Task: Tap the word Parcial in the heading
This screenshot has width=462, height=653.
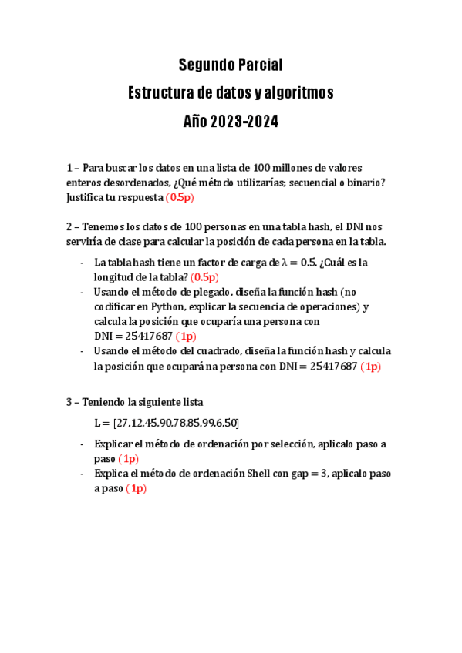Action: click(258, 64)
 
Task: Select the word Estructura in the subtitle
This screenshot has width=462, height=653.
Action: click(160, 93)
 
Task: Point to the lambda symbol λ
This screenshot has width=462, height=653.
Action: click(286, 263)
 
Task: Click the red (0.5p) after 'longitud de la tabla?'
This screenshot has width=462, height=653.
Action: click(205, 277)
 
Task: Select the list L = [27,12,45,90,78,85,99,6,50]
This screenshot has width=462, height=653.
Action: click(167, 423)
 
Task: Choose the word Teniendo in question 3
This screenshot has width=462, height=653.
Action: click(109, 402)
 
